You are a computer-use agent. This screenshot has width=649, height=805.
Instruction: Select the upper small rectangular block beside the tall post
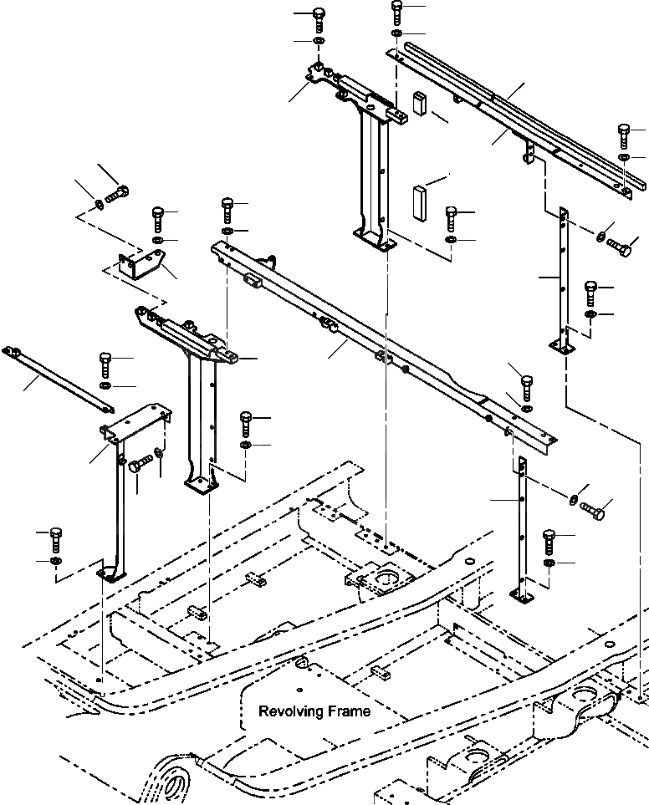click(x=419, y=104)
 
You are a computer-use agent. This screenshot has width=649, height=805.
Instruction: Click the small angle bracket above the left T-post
click(x=141, y=266)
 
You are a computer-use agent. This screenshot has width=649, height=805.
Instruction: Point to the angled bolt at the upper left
click(x=116, y=193)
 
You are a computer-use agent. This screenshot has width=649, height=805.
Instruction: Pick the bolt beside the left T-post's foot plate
click(x=247, y=421)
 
